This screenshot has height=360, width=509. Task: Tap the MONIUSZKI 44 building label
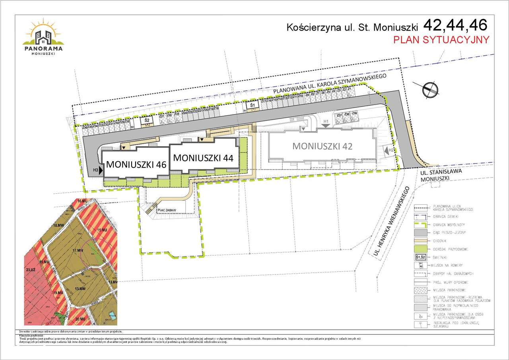click(x=203, y=157)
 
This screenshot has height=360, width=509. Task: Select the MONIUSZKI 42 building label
click(x=322, y=146)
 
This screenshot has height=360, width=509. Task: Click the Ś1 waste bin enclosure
click(x=252, y=105)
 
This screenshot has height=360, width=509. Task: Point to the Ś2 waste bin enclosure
click(x=146, y=120)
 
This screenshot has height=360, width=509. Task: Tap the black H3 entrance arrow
click(x=101, y=170)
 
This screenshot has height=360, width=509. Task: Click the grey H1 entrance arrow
click(x=326, y=125)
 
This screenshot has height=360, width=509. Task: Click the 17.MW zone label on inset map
click(x=78, y=250)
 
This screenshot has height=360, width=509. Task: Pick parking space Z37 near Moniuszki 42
click(x=339, y=115)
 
